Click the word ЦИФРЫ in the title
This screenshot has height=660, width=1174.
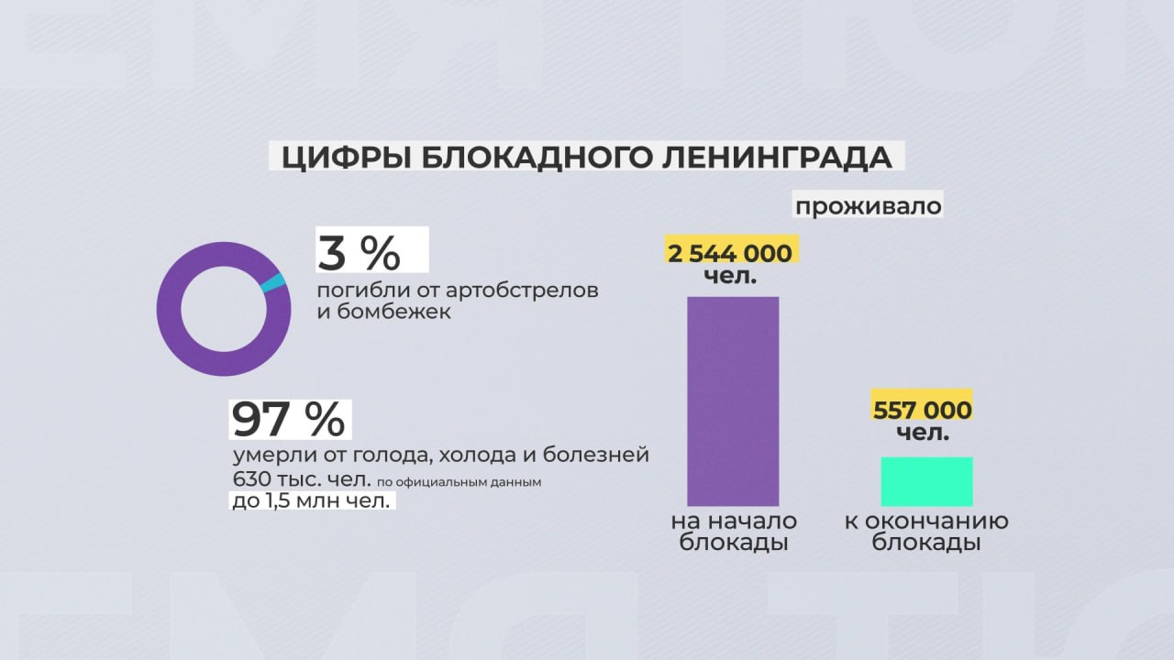pyautogui.click(x=345, y=157)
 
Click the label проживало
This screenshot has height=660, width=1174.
pyautogui.click(x=868, y=206)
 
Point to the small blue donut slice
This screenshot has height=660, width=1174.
pyautogui.click(x=272, y=282)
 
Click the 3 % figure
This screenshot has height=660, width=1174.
pyautogui.click(x=359, y=254)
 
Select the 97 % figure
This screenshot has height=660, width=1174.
pyautogui.click(x=287, y=419)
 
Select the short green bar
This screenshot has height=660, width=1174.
pyautogui.click(x=926, y=481)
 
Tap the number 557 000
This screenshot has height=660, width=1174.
pyautogui.click(x=922, y=411)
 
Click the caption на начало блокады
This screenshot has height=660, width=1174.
pyautogui.click(x=734, y=532)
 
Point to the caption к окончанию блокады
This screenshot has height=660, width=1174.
pyautogui.click(x=926, y=532)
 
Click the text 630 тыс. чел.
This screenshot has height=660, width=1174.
pyautogui.click(x=301, y=479)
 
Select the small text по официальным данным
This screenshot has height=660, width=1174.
pyautogui.click(x=460, y=481)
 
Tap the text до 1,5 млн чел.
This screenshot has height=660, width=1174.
pyautogui.click(x=312, y=500)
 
